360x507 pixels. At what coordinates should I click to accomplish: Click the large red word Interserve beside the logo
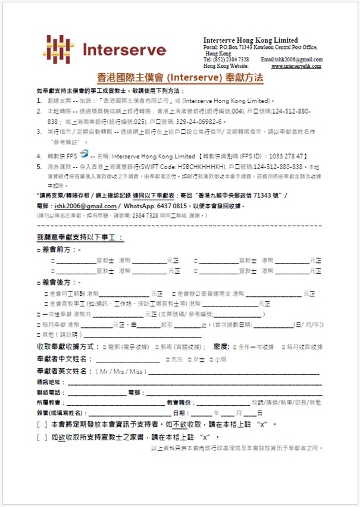(x=124, y=49)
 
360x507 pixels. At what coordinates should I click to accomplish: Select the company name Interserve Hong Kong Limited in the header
(x=251, y=40)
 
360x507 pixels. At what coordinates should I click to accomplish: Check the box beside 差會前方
(x=39, y=251)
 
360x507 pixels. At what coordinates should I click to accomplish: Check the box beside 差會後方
(x=39, y=281)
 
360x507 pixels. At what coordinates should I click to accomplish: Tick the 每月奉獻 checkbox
(x=39, y=325)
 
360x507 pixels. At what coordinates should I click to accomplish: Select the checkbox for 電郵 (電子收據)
(x=104, y=346)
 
